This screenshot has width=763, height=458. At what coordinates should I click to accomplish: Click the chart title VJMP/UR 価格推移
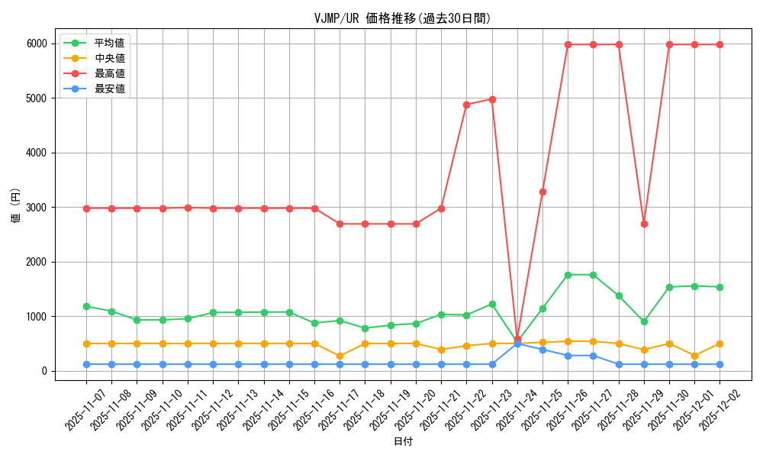point(402,18)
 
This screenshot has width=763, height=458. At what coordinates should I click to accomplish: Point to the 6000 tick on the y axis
point(36,44)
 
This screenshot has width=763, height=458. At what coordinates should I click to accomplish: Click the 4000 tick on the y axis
point(36,153)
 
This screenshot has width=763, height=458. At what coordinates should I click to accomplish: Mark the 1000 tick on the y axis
point(36,317)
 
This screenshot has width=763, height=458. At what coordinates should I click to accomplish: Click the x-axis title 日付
point(402,442)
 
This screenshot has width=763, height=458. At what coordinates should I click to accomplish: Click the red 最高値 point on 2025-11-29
point(644,224)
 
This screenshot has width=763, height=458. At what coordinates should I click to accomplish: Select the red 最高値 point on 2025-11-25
point(542,192)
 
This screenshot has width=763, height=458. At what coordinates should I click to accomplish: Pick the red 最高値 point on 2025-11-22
point(466,105)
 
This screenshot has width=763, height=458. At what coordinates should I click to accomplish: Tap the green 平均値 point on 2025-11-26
point(568,275)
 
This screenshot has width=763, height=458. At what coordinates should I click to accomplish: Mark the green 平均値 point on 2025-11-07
point(86,306)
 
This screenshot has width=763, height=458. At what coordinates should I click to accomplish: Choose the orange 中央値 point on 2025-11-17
point(340,356)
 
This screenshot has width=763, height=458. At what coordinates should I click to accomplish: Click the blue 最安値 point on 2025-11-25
point(542,350)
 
